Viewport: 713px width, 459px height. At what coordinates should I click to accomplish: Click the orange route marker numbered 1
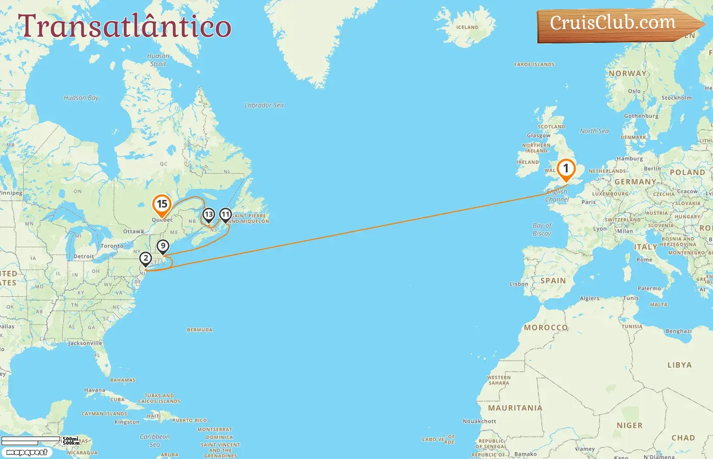[x=565, y=169]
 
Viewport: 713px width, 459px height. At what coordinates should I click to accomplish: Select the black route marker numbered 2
[x=146, y=259]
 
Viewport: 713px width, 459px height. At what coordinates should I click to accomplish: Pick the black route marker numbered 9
[x=162, y=246]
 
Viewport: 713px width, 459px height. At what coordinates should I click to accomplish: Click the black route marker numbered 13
[x=208, y=215]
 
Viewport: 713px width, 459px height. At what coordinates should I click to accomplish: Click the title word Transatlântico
[x=124, y=25]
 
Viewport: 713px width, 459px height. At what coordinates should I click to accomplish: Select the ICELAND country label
[x=467, y=28]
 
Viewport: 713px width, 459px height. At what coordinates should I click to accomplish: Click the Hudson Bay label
[x=81, y=98]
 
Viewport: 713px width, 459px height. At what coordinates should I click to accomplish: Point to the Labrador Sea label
[x=264, y=105]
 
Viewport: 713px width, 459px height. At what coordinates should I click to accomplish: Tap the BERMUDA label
[x=200, y=330]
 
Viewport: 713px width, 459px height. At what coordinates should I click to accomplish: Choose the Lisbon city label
[x=518, y=284]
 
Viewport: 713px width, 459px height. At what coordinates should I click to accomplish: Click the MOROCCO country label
[x=546, y=327]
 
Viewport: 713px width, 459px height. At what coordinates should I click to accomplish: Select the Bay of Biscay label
[x=542, y=229]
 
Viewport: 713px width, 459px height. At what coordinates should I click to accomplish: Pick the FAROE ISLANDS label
[x=534, y=65]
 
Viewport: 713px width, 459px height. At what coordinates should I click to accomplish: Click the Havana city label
[x=95, y=390]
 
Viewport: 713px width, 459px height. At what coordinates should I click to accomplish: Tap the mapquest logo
[x=27, y=452]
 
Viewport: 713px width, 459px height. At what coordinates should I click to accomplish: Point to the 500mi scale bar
[x=32, y=439]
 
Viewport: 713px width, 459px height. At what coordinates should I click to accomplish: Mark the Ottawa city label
[x=133, y=232]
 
